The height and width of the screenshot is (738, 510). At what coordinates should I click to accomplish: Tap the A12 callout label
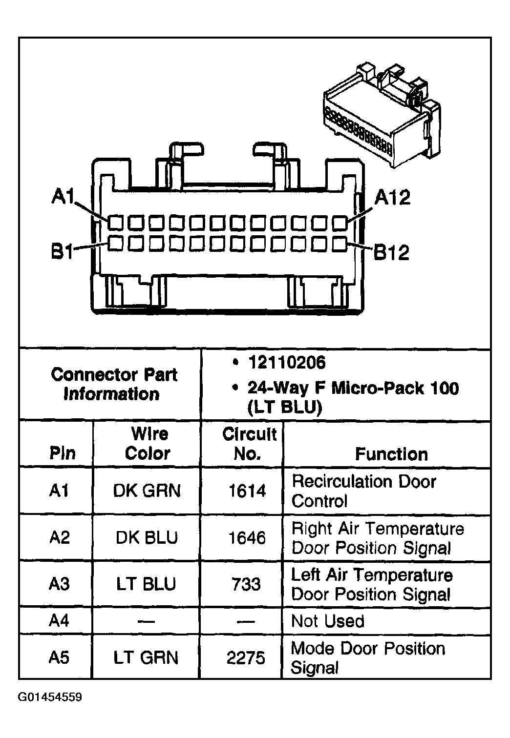[392, 198]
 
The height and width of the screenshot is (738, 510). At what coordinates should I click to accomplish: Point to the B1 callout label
[62, 252]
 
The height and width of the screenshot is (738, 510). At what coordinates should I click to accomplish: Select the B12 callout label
[391, 252]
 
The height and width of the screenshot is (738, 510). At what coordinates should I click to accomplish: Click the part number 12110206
[286, 363]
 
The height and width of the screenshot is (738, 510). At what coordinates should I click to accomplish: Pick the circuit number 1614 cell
[247, 491]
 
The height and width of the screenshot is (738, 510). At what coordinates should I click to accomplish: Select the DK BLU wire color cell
[147, 537]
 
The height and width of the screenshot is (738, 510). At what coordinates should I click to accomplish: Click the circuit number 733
[247, 584]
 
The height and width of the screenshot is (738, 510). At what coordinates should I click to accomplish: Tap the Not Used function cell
[328, 621]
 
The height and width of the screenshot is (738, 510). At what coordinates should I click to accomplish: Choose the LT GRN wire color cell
[146, 657]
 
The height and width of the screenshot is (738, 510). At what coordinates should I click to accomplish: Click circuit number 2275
[246, 658]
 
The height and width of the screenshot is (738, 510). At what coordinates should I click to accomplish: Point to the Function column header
[391, 454]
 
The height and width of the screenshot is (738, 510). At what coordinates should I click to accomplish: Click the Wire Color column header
[148, 443]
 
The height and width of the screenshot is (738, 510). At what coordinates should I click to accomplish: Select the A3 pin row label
[59, 584]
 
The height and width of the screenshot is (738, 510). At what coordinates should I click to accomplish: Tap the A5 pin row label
[59, 657]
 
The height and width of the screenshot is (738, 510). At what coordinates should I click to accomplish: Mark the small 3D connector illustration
[382, 117]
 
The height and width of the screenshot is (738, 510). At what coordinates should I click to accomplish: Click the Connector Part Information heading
[113, 384]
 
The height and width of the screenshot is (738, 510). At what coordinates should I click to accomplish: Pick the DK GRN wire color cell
[147, 491]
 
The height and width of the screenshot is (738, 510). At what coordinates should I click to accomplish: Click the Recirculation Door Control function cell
[363, 491]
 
